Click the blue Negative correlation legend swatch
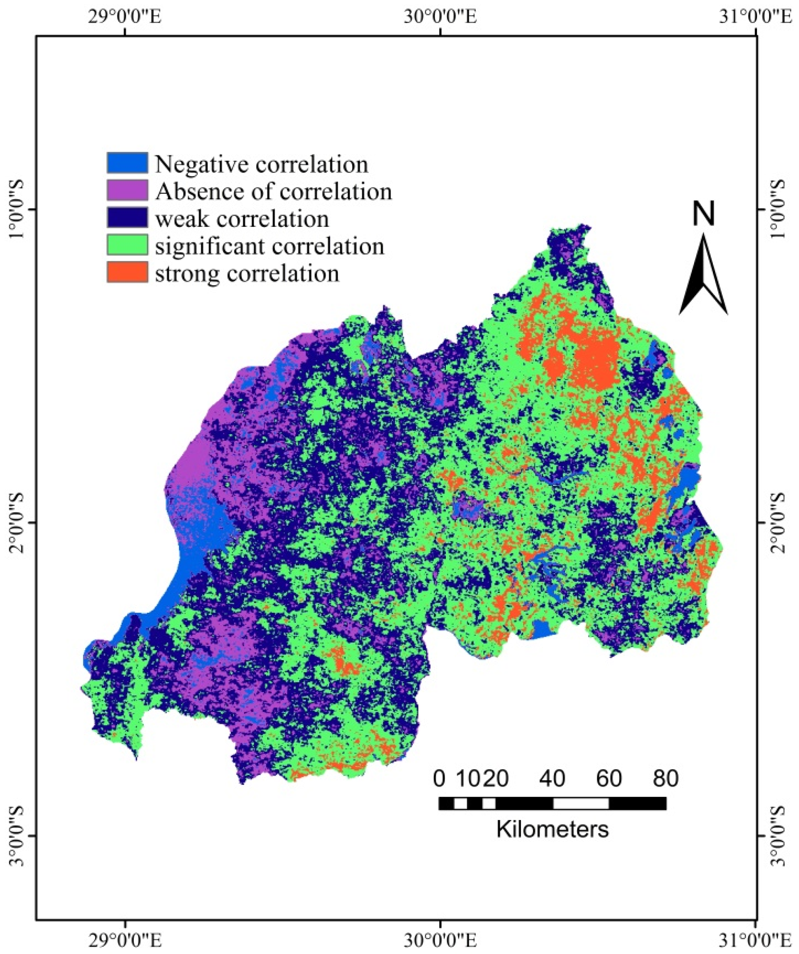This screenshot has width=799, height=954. point(127,163)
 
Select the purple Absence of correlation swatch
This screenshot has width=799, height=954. point(127,190)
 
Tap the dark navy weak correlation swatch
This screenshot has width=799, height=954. point(127,218)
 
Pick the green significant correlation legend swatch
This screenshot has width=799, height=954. point(127,245)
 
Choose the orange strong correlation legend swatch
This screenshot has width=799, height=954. point(127,272)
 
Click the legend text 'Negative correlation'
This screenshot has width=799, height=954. point(261,164)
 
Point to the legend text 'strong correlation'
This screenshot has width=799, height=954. point(247,273)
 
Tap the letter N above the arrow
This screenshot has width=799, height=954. point(703,214)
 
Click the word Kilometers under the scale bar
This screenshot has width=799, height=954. point(552,829)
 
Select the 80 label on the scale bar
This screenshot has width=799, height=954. point(665,778)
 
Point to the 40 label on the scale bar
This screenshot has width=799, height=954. point(552,778)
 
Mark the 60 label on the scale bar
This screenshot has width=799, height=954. point(609,778)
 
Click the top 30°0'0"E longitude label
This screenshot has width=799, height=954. point(440,18)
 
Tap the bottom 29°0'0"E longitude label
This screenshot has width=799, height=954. point(125,937)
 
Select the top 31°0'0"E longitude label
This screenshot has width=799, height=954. point(755,18)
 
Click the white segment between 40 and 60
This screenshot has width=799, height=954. point(581,803)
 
